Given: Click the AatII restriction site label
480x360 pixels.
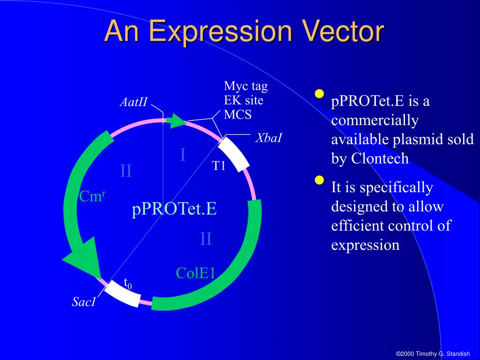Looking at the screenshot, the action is coord(134,102).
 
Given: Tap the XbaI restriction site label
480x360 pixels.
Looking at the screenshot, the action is coord(269,138).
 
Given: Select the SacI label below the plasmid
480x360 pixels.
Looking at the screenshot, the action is coord(83,302).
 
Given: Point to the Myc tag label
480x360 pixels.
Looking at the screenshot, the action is coord(246,86).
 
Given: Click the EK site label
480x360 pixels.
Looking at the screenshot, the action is coord(243,100).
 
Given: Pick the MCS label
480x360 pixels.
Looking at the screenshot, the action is coord(238,114).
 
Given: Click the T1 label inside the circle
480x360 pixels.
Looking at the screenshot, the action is coord(219,165).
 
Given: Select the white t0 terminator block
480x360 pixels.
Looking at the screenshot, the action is coord(122,293).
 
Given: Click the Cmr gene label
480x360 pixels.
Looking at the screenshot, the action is coord(92,196).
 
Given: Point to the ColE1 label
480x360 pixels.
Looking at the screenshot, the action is coord(195,273).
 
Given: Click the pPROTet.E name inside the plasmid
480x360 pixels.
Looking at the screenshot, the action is coord(174,209).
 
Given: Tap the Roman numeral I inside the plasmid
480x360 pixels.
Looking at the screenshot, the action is coord(183,155).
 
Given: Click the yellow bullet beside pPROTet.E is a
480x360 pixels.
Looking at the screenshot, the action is coord(319,94).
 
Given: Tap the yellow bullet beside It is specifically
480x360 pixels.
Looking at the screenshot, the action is coord(319,180).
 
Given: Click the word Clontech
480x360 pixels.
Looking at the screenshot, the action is coord(380,158).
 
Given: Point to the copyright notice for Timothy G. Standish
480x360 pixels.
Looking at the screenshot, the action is coord(433,353).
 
